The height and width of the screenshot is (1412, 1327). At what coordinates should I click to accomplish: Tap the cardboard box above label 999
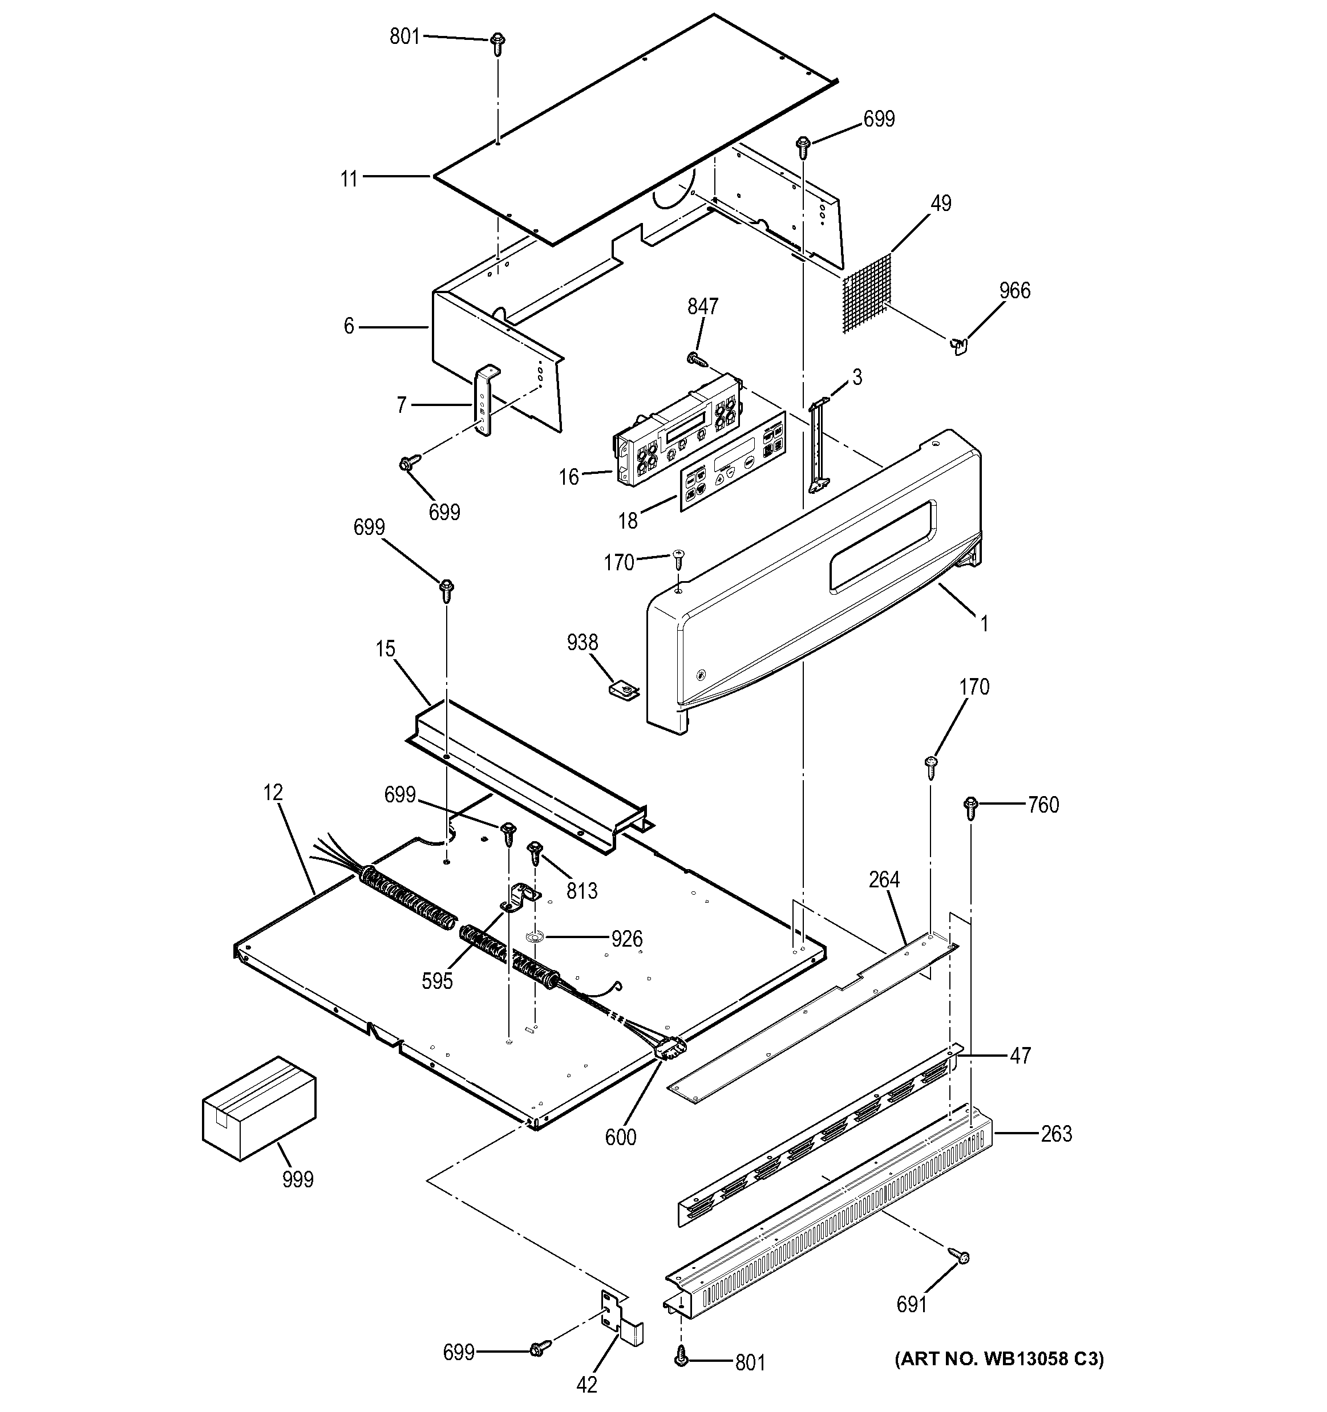(x=258, y=1117)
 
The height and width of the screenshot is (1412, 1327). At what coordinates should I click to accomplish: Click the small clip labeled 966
(x=958, y=346)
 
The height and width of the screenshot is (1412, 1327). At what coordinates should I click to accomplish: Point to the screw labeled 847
(x=696, y=359)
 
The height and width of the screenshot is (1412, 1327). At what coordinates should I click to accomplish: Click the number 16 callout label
(x=569, y=477)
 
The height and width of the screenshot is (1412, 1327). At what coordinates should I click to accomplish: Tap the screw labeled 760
(x=970, y=806)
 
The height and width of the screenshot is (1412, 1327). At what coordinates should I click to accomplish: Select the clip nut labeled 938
(x=624, y=688)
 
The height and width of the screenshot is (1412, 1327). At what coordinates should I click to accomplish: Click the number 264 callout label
(x=884, y=880)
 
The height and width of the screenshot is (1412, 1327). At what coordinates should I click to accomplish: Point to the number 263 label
(x=1057, y=1134)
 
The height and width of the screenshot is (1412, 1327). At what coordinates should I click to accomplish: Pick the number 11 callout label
(x=349, y=179)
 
